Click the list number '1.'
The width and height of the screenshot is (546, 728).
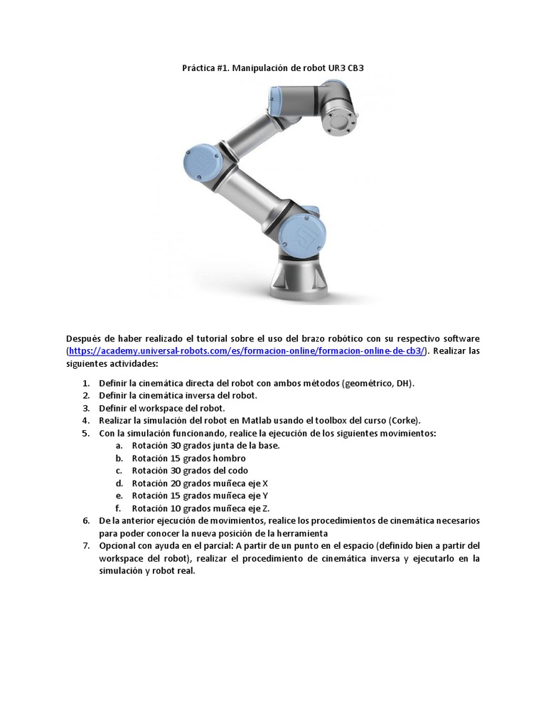point(85,383)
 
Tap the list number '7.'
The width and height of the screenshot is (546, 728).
point(85,545)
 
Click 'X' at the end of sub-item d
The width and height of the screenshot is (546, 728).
point(265,483)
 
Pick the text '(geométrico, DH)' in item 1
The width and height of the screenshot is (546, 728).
point(378,383)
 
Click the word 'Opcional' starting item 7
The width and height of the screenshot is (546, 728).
point(119,545)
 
